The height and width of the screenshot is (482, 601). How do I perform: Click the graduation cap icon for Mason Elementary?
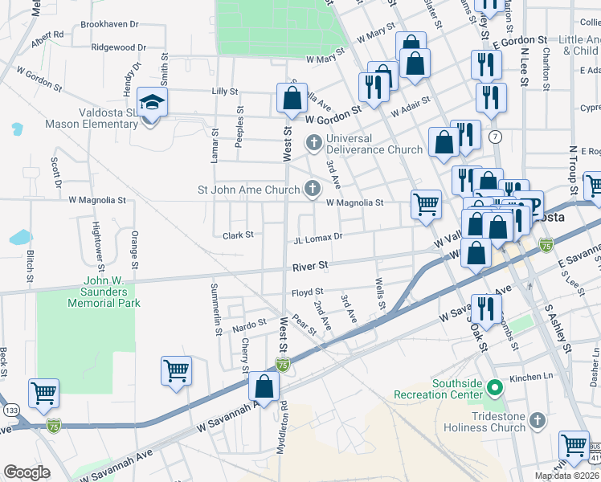point(150,102)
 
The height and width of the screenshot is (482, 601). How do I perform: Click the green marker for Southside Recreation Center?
point(495,388)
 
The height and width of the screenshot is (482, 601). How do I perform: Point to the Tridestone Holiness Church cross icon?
point(537,420)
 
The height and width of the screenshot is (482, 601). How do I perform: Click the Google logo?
point(27,472)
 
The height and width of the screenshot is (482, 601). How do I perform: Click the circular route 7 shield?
point(496,137)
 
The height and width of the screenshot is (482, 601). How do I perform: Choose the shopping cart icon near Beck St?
point(43,394)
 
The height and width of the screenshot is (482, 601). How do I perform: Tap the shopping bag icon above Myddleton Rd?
point(264,387)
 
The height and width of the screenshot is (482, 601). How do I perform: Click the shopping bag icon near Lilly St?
point(292,99)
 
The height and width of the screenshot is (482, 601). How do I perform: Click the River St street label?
point(310,265)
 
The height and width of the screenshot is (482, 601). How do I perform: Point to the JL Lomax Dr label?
point(318,238)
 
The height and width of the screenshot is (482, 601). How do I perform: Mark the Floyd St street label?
point(306,292)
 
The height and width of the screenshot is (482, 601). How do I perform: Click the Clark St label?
point(238,235)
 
